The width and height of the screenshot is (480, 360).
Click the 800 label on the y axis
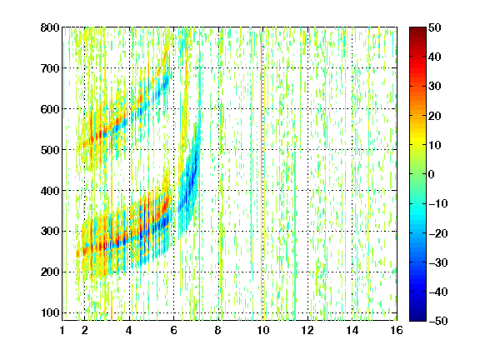click(50, 27)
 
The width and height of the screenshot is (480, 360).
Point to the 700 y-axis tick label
click(50, 68)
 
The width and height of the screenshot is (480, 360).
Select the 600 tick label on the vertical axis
click(50, 109)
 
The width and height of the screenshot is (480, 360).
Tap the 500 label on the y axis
click(50, 150)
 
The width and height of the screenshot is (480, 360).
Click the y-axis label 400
click(50, 191)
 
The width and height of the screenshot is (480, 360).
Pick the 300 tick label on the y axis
click(50, 231)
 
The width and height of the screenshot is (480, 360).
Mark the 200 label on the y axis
click(50, 272)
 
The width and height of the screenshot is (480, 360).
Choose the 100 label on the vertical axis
click(50, 312)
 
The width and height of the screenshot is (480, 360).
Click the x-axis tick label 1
click(62, 330)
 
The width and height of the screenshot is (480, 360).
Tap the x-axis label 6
click(174, 330)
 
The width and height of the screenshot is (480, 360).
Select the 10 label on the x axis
click(263, 330)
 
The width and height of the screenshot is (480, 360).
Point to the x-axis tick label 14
click(352, 330)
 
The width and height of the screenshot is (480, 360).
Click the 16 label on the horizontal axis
click(397, 330)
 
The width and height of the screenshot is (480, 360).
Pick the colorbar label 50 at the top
click(435, 27)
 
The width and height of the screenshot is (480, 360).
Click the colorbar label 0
click(432, 174)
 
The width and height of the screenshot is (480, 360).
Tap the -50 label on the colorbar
click(438, 321)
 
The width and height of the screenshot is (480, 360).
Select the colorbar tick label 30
click(435, 87)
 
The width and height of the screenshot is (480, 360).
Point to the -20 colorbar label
click(438, 233)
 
